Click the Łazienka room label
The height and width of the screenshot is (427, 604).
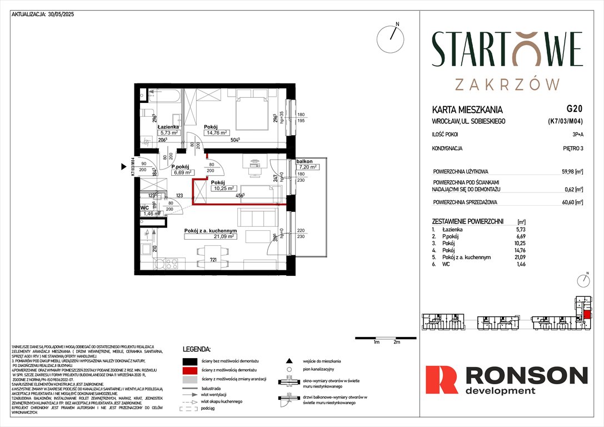[x=167, y=127]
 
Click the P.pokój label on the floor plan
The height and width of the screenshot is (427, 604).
[x=181, y=166]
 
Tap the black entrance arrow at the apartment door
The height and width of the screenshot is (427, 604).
[x=124, y=166]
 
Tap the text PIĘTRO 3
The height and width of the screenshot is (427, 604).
[x=569, y=148]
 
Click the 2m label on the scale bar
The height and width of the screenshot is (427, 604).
[x=396, y=342]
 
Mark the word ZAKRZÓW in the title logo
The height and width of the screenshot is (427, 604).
[x=507, y=84]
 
